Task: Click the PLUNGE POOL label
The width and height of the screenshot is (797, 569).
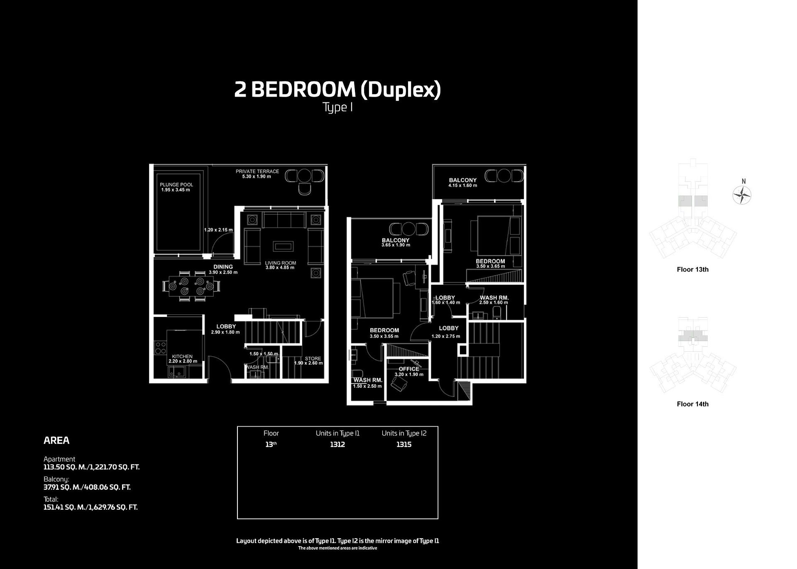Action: [x=176, y=185]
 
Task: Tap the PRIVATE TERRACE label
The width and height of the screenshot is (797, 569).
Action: [x=257, y=171]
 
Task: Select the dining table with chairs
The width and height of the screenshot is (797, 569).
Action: [x=191, y=286]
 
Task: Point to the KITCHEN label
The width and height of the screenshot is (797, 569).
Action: [x=182, y=356]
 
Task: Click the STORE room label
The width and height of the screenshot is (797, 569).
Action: [x=313, y=358]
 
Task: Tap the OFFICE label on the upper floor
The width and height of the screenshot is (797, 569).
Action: [x=408, y=369]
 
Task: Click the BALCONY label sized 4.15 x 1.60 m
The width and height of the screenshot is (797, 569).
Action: [x=462, y=180]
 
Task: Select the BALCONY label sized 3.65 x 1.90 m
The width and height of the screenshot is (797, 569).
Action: [x=395, y=240]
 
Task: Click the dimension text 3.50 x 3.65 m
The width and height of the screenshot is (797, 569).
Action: [x=490, y=266]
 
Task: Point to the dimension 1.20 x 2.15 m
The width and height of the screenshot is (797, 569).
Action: [x=218, y=230]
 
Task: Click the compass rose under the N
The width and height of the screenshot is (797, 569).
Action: [x=742, y=195]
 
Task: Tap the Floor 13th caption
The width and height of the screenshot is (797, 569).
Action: [x=692, y=270]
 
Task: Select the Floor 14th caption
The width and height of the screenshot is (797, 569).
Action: [x=692, y=404]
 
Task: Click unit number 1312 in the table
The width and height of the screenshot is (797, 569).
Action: [x=337, y=444]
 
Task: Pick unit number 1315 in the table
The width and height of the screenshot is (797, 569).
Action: [x=403, y=444]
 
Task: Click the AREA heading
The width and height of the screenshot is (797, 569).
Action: [x=56, y=440]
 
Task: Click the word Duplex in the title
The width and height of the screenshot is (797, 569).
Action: [x=400, y=90]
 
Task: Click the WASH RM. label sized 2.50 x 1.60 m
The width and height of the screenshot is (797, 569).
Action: [x=494, y=298]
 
